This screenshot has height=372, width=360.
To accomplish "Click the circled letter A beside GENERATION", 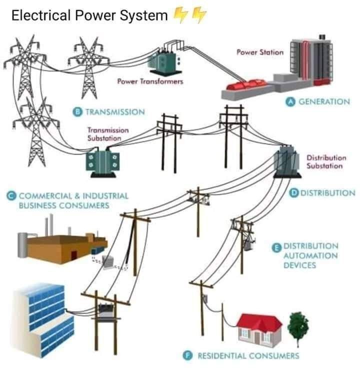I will click(289, 101).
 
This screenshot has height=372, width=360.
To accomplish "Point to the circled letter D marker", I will click(294, 192).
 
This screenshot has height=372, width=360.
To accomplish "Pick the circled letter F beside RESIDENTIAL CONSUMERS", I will click(188, 355).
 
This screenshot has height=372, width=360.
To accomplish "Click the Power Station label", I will click(260, 52).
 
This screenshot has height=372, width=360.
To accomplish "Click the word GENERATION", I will click(324, 101).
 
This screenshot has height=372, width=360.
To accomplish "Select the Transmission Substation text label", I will click(108, 134).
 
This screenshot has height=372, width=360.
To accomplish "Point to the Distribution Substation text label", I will click(325, 162).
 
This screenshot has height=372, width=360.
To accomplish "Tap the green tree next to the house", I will click(298, 325).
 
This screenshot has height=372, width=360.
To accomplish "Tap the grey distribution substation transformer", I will click(288, 161).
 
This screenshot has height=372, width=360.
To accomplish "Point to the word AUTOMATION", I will click(310, 255).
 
